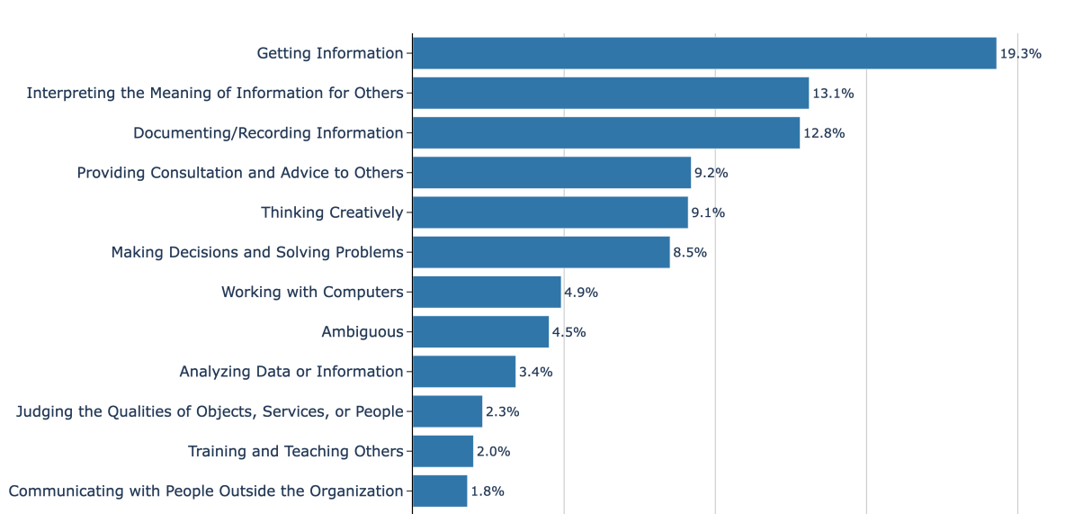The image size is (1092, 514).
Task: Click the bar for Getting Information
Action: [704, 53]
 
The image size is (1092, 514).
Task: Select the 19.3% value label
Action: [1020, 53]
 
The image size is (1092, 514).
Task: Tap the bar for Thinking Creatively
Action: [550, 212]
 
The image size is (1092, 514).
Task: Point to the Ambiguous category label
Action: [363, 332]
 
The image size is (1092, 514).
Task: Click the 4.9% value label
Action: [581, 293]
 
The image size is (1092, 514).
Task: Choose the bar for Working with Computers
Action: [487, 293]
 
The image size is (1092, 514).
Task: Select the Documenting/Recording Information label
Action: [268, 133]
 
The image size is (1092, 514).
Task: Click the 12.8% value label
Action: [823, 133]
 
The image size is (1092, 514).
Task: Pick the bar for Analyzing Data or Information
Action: [464, 372]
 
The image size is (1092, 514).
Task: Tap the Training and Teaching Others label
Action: [295, 452]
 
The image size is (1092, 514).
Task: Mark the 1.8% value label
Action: [488, 491]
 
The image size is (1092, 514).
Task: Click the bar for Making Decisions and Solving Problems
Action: [541, 253]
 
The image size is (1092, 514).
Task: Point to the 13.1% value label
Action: [833, 94]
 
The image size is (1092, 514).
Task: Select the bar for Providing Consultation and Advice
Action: [551, 173]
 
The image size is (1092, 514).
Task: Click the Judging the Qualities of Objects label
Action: [210, 412]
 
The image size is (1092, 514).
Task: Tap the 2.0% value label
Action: [493, 452]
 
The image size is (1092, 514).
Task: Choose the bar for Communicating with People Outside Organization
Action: [440, 491]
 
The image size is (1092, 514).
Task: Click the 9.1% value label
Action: [708, 212]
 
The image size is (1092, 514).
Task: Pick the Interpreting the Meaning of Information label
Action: [215, 94]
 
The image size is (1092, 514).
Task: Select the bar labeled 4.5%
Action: [480, 332]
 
